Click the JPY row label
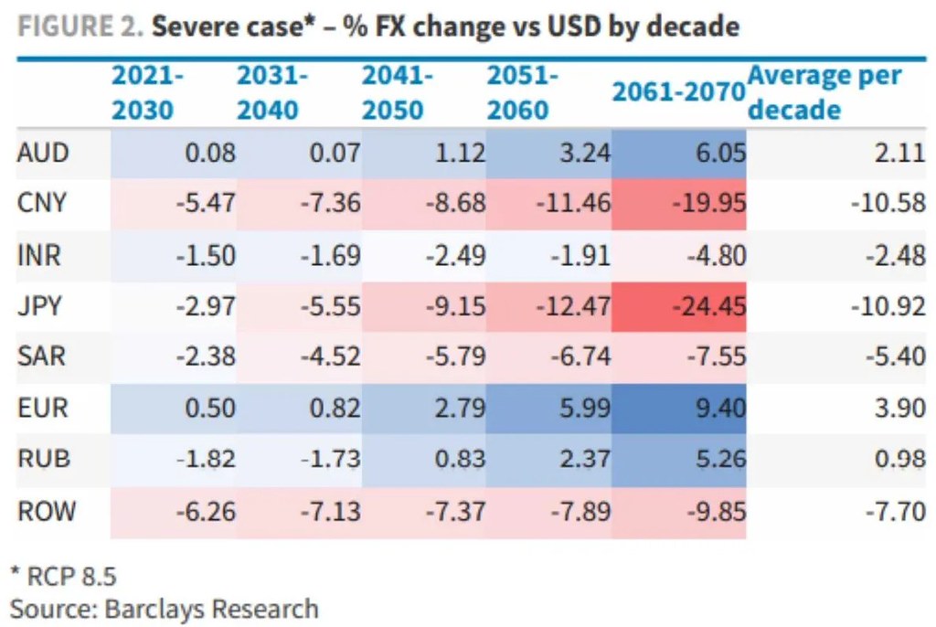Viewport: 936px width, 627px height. coord(39,306)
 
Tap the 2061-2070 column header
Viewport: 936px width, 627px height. coord(679,91)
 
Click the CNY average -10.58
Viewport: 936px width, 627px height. coord(888,203)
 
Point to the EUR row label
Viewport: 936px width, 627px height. coord(43,409)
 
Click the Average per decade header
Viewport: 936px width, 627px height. coord(824,92)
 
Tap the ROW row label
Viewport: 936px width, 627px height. coord(47,512)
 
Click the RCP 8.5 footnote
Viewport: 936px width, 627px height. coord(64,577)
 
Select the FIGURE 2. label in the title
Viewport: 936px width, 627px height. coord(80,27)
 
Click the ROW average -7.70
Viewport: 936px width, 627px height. coord(896,512)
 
